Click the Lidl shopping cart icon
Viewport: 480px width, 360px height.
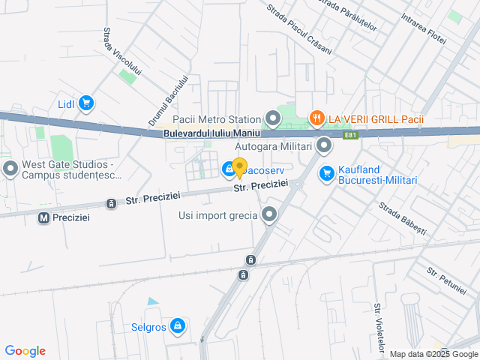[x=86, y=103]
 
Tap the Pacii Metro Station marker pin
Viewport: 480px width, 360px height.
[x=272, y=118]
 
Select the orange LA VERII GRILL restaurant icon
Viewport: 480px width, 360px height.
[x=317, y=118]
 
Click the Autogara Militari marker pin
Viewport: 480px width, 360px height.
[x=324, y=145]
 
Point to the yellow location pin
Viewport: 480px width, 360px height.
[x=239, y=168]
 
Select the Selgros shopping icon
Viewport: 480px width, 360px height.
[x=178, y=326]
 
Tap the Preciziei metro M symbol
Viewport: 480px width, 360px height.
[x=43, y=217]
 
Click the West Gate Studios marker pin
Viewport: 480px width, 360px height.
[x=10, y=169]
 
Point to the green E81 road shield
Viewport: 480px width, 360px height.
[x=350, y=136]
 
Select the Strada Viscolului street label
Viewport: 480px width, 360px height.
[x=122, y=52]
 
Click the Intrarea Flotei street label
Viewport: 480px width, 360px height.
[x=424, y=26]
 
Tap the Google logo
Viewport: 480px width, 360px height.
[x=25, y=351]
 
